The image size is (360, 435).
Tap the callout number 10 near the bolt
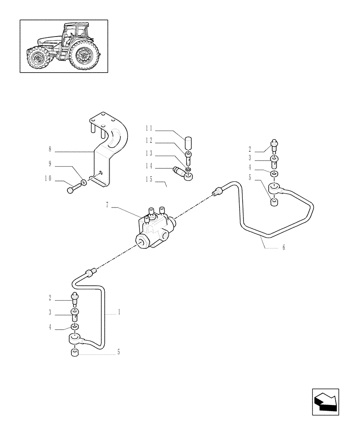click(x=48, y=178)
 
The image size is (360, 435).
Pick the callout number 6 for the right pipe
click(x=283, y=248)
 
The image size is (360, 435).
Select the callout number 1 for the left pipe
click(x=119, y=312)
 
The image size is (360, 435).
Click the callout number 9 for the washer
click(x=50, y=164)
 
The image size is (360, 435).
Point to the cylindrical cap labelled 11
click(x=189, y=143)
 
